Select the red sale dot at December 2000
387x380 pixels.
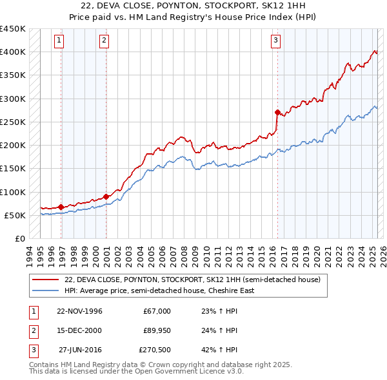(x=106, y=196)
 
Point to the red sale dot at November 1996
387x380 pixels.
(x=61, y=207)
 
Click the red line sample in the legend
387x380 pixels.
(x=45, y=280)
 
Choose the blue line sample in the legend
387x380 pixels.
(x=45, y=290)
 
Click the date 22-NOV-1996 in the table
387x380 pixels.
(x=79, y=311)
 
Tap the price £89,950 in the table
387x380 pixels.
(x=156, y=330)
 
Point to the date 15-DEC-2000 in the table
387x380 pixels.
(x=79, y=330)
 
